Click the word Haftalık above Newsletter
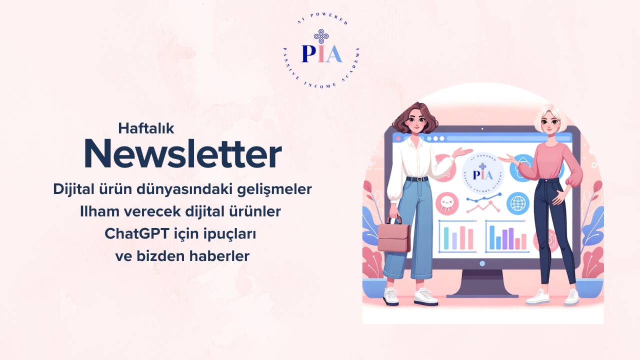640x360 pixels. pyautogui.click(x=146, y=128)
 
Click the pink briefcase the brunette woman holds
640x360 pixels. pyautogui.click(x=393, y=237)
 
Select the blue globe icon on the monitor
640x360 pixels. pyautogui.click(x=517, y=203)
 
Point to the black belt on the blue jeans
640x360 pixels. pyautogui.click(x=417, y=179)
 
